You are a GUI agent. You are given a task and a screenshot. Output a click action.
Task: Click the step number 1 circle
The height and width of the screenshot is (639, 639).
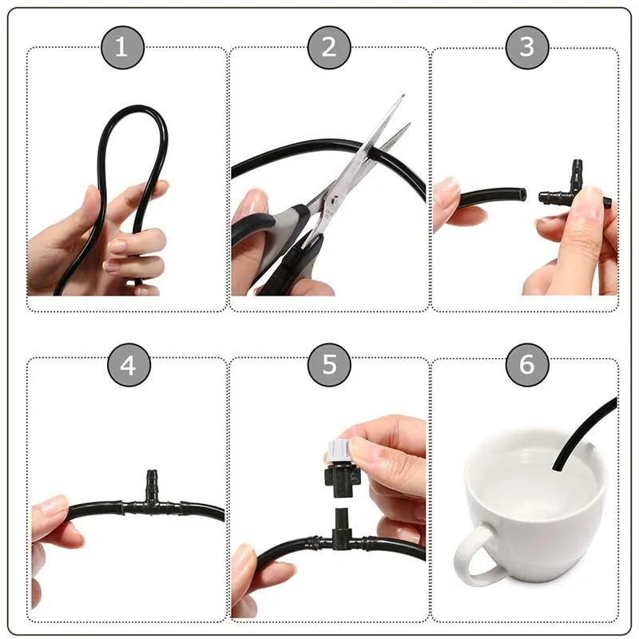[121, 47]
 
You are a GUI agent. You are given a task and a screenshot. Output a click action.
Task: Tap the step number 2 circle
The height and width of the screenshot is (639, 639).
[329, 47]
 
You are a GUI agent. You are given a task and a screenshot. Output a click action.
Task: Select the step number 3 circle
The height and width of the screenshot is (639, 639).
[527, 47]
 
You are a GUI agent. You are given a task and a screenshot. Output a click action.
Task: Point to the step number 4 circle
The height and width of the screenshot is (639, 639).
[128, 366]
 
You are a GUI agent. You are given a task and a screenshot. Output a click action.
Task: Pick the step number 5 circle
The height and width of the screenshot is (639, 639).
[329, 366]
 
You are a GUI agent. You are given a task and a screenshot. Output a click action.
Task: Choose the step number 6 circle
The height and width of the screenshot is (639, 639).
[527, 366]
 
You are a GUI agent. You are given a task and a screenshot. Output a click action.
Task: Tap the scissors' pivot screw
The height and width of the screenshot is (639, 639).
[336, 192]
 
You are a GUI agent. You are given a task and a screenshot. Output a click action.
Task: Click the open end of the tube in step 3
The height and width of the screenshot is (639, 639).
[522, 193]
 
